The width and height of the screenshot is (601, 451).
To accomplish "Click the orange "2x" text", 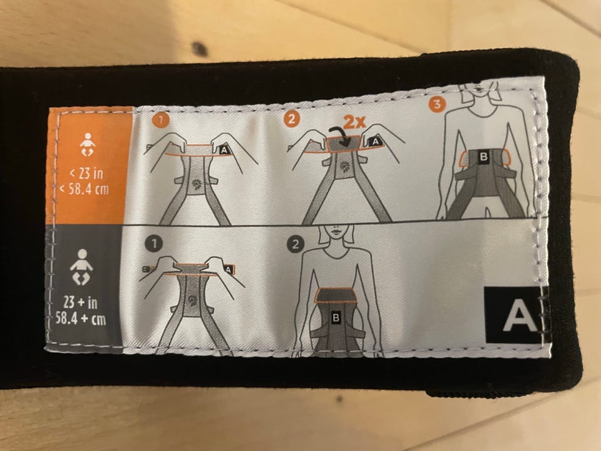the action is [354, 122].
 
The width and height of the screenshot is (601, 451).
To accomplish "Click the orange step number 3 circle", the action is [437, 104].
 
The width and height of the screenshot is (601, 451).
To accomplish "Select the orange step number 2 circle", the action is [292, 119].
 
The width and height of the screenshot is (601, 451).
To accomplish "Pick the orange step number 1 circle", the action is [160, 120].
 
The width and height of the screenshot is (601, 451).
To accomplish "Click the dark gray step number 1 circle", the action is [154, 244].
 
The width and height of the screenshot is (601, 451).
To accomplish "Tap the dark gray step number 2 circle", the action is [295, 244].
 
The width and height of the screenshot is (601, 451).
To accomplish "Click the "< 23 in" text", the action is [86, 174].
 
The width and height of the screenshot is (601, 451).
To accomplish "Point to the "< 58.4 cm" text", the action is [84, 189].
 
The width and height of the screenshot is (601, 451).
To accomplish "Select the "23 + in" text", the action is [80, 303].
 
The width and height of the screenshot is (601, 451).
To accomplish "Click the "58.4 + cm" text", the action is [81, 319].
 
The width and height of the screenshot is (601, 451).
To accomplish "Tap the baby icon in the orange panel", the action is [88, 145].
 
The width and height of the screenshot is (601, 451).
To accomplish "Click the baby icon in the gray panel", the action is [81, 267].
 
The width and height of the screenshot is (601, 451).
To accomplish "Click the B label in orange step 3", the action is [484, 157].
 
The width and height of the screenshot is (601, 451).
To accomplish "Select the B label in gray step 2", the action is [336, 318].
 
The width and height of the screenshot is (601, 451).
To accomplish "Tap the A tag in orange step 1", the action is [224, 150].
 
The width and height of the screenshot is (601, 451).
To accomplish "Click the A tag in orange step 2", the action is [376, 142].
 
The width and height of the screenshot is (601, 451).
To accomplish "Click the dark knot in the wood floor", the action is [200, 49].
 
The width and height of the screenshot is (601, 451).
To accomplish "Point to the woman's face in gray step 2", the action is [335, 233].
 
